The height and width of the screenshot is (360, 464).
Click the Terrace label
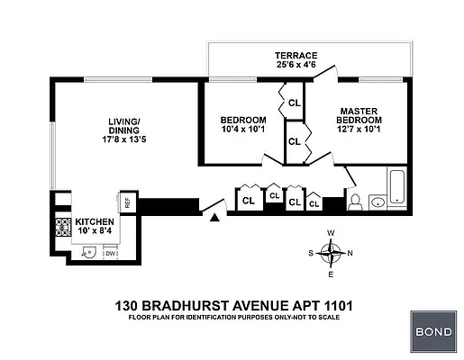296,55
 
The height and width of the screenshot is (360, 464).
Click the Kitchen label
95,221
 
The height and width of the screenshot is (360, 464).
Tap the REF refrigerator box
127,202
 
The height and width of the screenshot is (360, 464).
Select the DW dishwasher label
110,253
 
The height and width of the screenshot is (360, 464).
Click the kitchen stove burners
63,228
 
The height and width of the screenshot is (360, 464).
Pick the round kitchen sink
88,253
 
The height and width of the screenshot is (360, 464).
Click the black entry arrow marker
214,216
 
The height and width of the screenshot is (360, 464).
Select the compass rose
331,253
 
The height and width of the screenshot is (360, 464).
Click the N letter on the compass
350,253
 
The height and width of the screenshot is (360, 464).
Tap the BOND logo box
434,331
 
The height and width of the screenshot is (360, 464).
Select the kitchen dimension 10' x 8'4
95,232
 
